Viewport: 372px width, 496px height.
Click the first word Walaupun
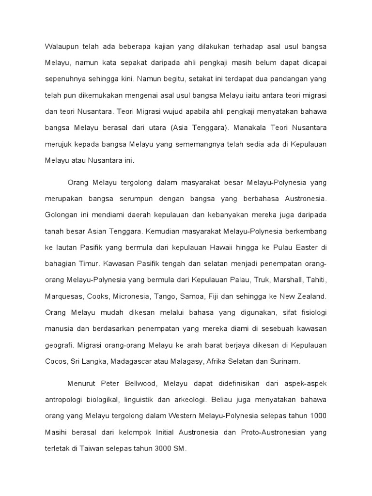[62, 46]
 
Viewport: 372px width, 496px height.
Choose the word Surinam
[286, 361]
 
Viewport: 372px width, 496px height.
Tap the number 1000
[317, 416]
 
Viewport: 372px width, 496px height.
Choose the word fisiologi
[311, 312]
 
